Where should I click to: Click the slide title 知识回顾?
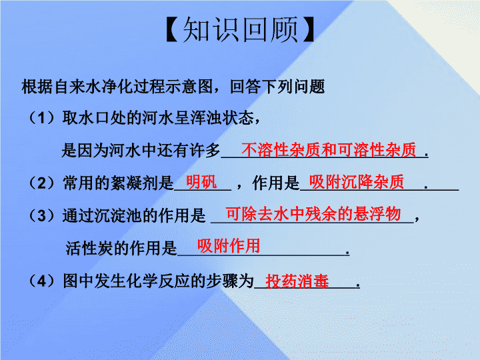tap(240, 29)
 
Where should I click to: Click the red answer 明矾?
tap(201, 182)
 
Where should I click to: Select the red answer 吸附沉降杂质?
tap(357, 182)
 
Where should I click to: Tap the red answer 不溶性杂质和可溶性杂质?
tap(329, 150)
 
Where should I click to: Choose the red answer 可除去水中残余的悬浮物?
tap(313, 214)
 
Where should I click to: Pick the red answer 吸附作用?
tap(229, 246)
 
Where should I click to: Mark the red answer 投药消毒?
tap(297, 281)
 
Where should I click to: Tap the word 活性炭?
tap(90, 248)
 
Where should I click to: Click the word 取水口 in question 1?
tap(86, 118)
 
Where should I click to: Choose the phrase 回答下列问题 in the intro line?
tap(277, 87)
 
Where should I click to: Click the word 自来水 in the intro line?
tap(78, 87)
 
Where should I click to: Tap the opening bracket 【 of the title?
tap(173, 29)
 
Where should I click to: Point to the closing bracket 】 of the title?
tap(308, 29)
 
